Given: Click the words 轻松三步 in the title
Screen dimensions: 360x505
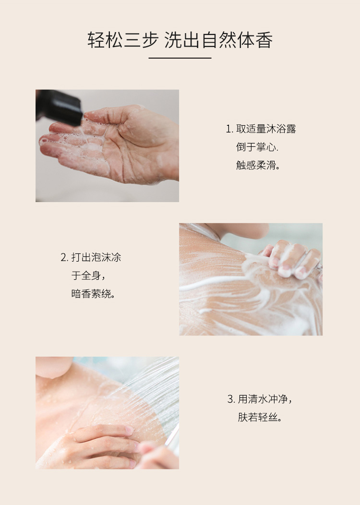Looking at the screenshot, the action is [x=123, y=40].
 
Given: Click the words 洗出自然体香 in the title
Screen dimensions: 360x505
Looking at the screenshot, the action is [x=219, y=40].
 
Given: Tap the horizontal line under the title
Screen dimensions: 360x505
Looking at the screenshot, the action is [x=180, y=58].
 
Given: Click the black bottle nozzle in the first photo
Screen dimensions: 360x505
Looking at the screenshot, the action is [x=59, y=107].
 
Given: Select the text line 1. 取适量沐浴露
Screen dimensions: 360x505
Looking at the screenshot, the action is [x=261, y=129].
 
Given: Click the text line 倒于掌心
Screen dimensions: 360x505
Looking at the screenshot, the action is [x=257, y=147].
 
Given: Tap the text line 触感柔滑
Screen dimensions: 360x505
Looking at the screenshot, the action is [x=258, y=165].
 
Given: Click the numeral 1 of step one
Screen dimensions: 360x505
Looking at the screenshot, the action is [x=228, y=129].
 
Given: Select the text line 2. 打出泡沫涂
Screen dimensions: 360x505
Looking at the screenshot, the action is [x=91, y=257].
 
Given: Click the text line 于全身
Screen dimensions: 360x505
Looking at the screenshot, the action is [x=88, y=276].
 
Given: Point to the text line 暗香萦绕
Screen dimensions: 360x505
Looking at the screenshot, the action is [x=94, y=294].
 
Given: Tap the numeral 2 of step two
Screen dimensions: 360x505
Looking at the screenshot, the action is [x=63, y=258].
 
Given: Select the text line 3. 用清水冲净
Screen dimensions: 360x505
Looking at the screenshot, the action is [x=260, y=399].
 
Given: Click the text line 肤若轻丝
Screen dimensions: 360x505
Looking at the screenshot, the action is [x=260, y=418].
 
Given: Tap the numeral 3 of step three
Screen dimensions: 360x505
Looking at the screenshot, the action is [x=230, y=399].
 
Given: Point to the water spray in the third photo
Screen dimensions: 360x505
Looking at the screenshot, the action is [x=151, y=393].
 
